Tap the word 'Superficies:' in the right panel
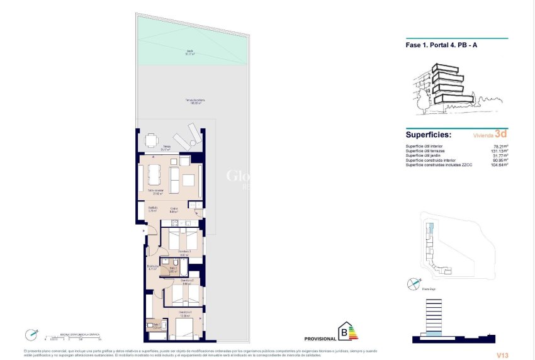429,134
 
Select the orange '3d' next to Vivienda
501,134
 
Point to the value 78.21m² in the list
500,147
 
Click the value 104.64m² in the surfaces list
499,164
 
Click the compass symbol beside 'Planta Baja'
412,285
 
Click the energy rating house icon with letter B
345,331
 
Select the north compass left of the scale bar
30,335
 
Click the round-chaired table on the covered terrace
151,140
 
